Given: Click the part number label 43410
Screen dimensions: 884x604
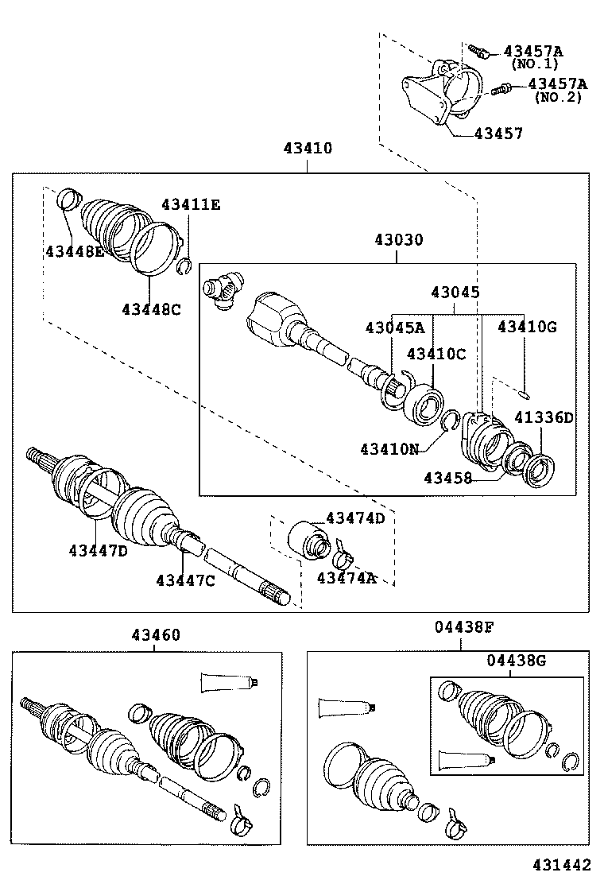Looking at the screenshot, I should [x=307, y=148].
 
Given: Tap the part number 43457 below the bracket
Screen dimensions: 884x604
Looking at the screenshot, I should [x=498, y=134].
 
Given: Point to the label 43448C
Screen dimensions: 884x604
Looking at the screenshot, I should [x=151, y=309].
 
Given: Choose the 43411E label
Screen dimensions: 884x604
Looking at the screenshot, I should [x=191, y=205].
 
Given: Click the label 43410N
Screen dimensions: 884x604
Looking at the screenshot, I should [x=389, y=449].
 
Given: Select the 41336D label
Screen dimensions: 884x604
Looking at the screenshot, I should [x=543, y=417].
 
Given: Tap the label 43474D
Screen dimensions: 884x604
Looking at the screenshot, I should [x=354, y=518].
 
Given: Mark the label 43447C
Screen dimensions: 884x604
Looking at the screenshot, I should [x=185, y=580].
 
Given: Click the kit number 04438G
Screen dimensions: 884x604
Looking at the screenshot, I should [x=517, y=660].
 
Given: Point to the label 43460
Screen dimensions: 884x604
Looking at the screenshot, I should [x=156, y=634].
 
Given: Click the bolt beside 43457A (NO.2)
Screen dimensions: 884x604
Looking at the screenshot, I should [x=501, y=89].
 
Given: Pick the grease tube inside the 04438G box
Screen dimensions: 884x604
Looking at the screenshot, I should [x=465, y=760].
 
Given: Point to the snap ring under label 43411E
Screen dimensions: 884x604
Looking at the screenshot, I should [x=184, y=265].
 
